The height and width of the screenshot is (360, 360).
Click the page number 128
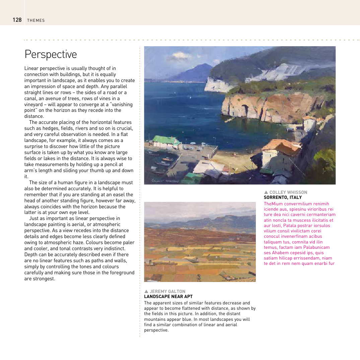(17, 20)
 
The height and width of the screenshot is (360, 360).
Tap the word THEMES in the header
(36, 20)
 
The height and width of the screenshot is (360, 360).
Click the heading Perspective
(51, 54)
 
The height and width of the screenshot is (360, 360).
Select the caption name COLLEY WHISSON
(288, 192)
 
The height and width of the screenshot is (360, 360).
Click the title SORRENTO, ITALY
(283, 197)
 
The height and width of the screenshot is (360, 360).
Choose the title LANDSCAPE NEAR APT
(168, 296)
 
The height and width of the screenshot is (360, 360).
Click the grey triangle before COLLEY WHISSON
(266, 192)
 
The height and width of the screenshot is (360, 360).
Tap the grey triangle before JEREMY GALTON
(146, 291)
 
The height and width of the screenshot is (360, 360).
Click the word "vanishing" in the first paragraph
(122, 104)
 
